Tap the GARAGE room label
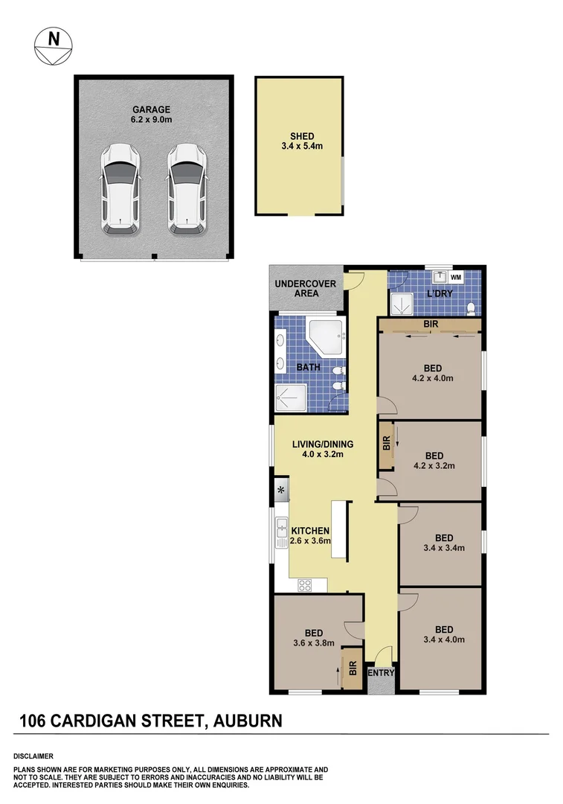(x=152, y=109)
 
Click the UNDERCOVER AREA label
(x=306, y=288)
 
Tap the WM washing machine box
(x=455, y=277)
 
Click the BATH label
(x=308, y=368)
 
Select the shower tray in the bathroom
(x=289, y=398)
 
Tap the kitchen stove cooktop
(x=305, y=585)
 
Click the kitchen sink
(x=281, y=529)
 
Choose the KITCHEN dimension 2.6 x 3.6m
(x=310, y=541)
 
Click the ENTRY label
(x=382, y=673)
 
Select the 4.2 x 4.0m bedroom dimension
(x=433, y=378)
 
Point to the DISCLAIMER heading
(x=33, y=755)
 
